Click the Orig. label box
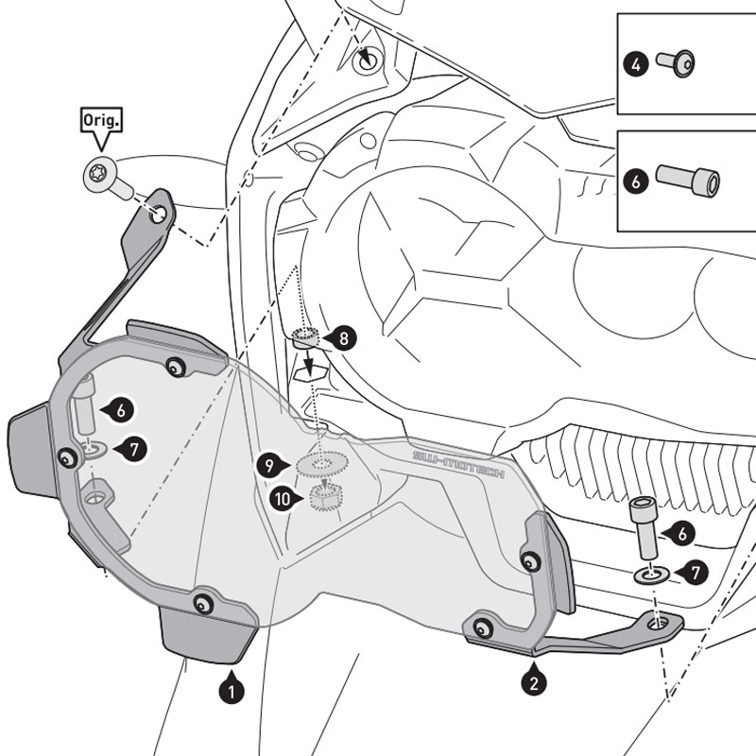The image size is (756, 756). (x=99, y=122)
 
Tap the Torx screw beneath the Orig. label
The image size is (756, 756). (x=102, y=179)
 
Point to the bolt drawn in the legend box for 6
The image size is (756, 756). (x=687, y=180)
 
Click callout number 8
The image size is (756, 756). (x=342, y=336)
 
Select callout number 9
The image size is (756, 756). (x=269, y=465)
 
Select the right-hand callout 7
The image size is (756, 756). (x=695, y=572)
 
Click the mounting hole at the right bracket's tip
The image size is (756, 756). (x=672, y=621)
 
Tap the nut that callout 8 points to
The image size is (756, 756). (x=304, y=338)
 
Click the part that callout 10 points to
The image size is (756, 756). (x=325, y=496)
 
